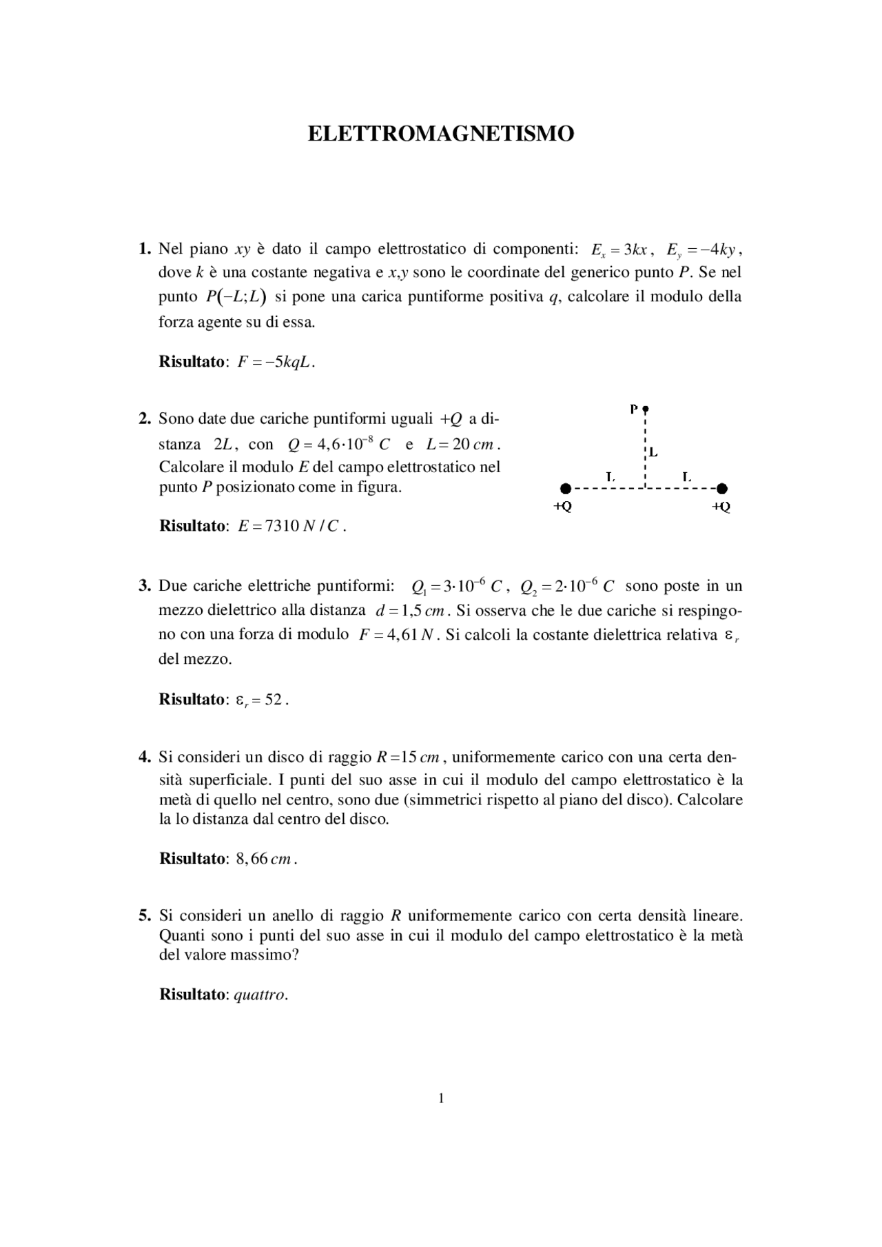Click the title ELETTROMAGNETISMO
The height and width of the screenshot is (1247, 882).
point(440,134)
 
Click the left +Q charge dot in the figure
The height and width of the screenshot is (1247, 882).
point(565,489)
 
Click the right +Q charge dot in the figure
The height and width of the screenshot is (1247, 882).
point(721,489)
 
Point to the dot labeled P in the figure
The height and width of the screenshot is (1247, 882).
point(645,409)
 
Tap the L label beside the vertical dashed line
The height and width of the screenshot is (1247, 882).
point(653,453)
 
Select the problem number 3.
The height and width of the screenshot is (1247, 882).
point(144,587)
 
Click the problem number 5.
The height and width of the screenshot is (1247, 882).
point(144,915)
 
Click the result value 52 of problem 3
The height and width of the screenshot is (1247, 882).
point(274,700)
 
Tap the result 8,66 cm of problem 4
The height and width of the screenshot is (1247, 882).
point(265,859)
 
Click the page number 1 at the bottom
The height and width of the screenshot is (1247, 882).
point(441,1099)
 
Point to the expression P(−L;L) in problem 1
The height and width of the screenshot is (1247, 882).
point(236,297)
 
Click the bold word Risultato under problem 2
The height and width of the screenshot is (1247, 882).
point(192,526)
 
